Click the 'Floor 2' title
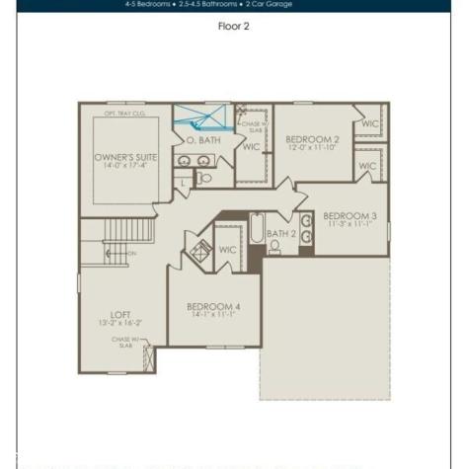pos(233,27)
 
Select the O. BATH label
pos(203,140)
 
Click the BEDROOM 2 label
pos(312,140)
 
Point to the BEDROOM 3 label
pos(349,215)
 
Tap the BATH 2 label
pos(281,234)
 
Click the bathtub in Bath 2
pos(257,230)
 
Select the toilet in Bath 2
pos(275,247)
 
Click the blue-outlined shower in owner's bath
pos(201,117)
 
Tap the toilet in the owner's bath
pos(204,179)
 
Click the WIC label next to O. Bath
pos(251,147)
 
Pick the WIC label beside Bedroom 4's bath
pos(226,251)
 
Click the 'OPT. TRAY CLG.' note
pos(124,115)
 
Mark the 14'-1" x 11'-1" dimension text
pos(213,316)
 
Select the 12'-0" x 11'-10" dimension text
pos(312,149)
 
